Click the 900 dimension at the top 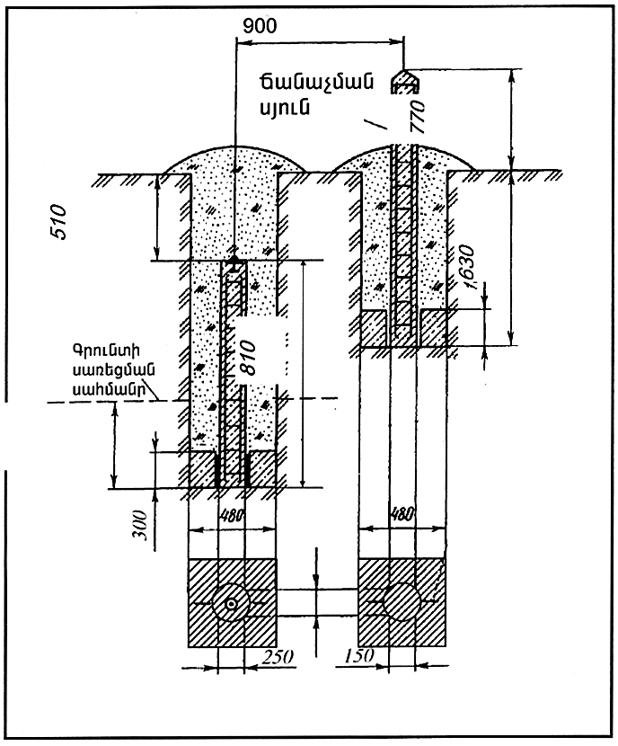pos(261,25)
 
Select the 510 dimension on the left pos(61,220)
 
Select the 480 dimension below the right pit pos(403,518)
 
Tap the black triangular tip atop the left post pos(235,261)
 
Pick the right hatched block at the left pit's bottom pos(263,466)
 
